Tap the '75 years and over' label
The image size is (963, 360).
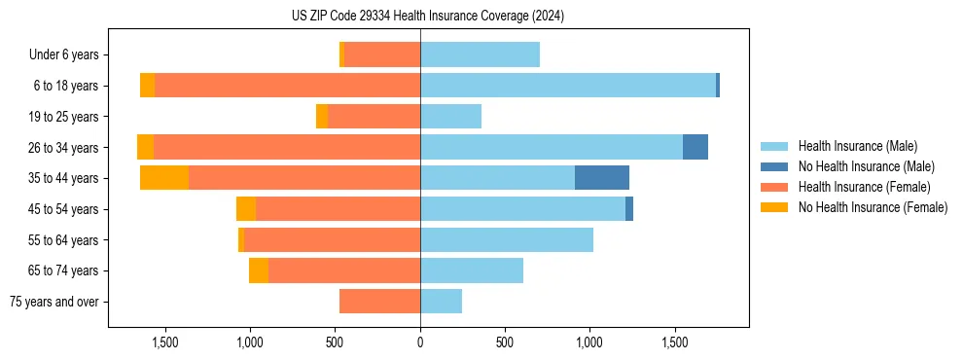[54, 302]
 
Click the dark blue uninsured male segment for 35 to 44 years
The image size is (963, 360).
[602, 178]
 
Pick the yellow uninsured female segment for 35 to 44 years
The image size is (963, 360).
[164, 178]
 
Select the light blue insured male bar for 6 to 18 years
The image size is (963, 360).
[568, 86]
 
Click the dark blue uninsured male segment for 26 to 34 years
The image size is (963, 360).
[695, 147]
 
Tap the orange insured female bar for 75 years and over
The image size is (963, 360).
[379, 302]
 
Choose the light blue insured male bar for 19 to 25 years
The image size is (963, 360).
[450, 117]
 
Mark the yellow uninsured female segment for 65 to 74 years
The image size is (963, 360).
[259, 270]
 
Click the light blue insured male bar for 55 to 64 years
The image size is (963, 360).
[507, 239]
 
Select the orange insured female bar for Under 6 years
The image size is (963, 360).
[382, 54]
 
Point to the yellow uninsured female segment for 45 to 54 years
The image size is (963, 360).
[246, 209]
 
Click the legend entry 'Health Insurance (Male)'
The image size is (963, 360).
[857, 146]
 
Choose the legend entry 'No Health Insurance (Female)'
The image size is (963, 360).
[873, 207]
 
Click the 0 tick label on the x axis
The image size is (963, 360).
[420, 342]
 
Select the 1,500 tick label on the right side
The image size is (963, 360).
[675, 342]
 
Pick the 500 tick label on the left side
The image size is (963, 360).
[336, 342]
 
